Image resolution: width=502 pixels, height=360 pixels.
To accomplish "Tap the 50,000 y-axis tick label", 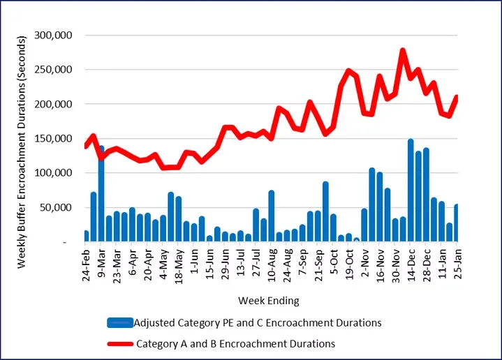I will click(66, 207).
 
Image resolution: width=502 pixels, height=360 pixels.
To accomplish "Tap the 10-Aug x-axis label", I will click(272, 264).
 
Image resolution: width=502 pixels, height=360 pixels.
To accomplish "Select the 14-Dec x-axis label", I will click(411, 264).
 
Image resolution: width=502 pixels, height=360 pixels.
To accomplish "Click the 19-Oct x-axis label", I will click(349, 264).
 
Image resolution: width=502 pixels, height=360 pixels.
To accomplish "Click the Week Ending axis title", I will click(268, 301).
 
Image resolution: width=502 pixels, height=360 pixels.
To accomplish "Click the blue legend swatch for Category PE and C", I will click(120, 322).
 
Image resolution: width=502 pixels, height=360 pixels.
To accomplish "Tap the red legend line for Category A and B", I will click(120, 343).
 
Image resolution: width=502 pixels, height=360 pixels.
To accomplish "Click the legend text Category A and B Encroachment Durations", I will click(235, 343).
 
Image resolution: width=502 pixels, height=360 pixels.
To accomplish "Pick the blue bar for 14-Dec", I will click(411, 190).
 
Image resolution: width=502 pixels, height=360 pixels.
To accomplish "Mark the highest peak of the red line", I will click(403, 50).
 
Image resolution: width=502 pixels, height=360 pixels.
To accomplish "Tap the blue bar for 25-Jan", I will click(457, 223).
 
